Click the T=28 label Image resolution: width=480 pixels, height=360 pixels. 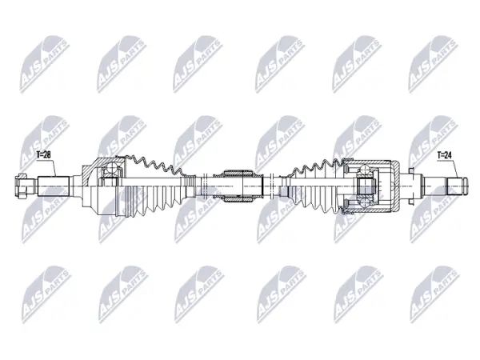click(x=43, y=155)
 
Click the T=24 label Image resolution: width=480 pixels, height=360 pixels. click(x=444, y=155)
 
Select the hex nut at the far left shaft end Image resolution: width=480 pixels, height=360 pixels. click(x=20, y=186)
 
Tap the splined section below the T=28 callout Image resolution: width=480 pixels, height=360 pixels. click(x=54, y=186)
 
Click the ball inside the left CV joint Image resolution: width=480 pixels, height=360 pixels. click(x=111, y=168)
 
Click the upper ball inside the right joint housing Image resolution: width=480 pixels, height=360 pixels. click(x=366, y=170)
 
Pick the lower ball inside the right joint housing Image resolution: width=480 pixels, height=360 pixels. click(x=366, y=202)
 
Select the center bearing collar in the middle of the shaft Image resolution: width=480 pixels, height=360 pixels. click(x=238, y=186)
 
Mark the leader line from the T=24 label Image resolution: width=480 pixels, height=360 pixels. click(x=455, y=168)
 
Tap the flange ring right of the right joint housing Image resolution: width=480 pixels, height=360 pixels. click(x=411, y=186)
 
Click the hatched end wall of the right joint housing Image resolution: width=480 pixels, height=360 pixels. click(x=397, y=186)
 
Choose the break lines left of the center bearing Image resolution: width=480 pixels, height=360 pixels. click(x=205, y=186)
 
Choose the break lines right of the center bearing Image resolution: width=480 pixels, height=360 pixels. click(x=271, y=186)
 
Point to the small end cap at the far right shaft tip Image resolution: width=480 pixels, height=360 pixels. click(x=466, y=186)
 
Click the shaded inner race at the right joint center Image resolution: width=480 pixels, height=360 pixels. click(x=366, y=186)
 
